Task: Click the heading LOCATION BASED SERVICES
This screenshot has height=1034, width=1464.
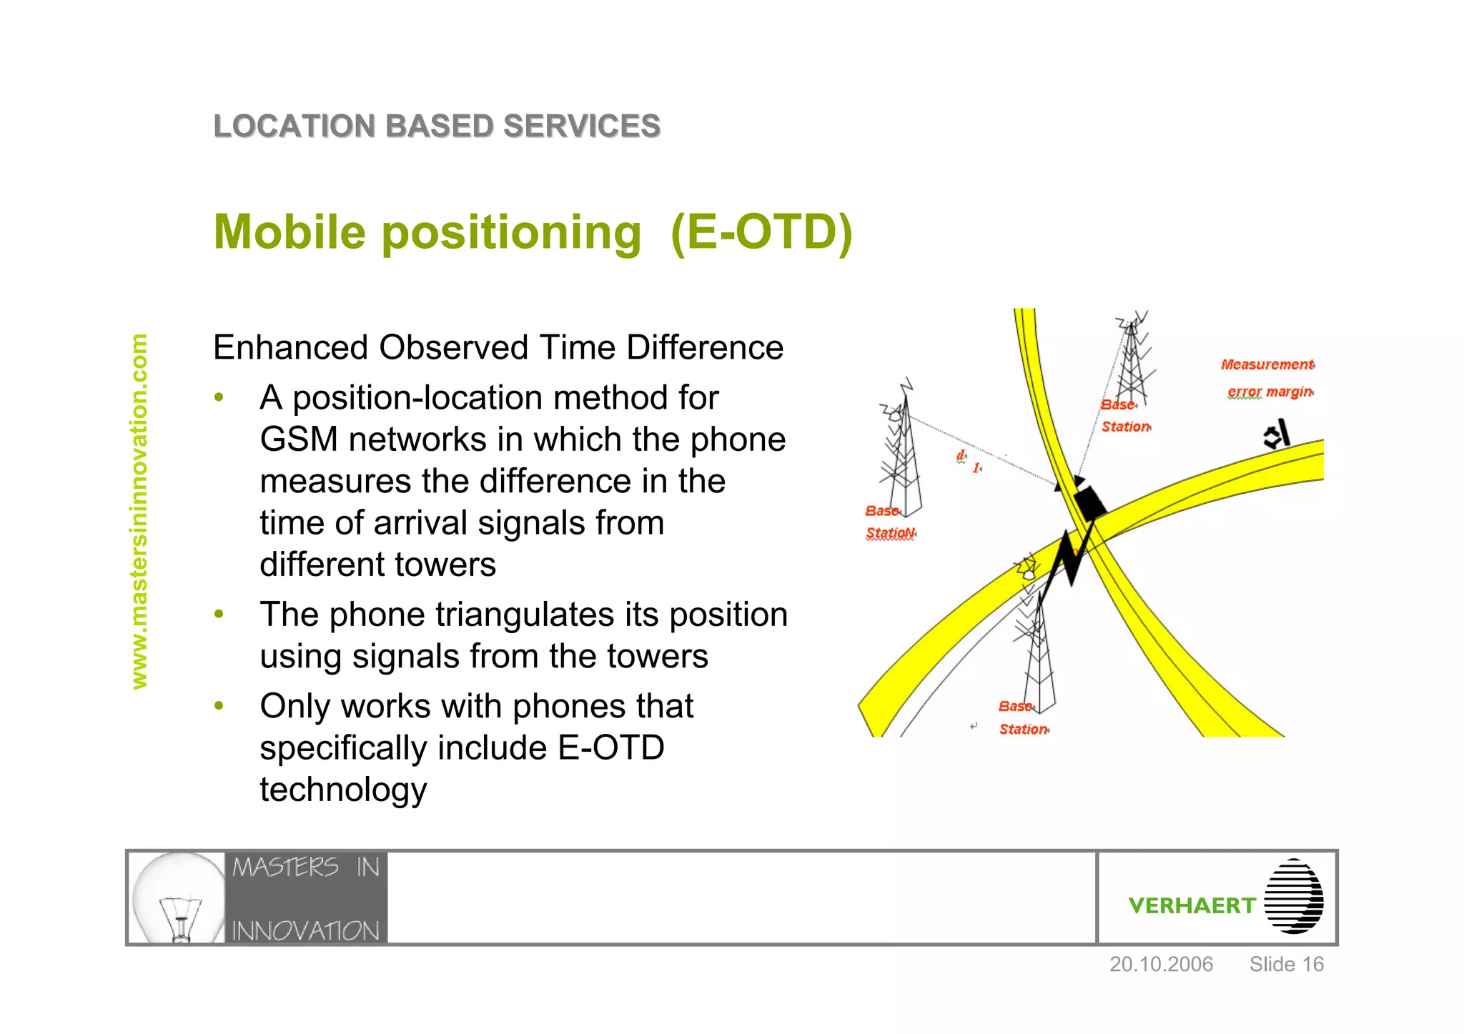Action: coord(437,126)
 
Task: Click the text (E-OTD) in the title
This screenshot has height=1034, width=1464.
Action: coord(762,232)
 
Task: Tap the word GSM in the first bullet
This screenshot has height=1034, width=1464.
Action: coord(299,439)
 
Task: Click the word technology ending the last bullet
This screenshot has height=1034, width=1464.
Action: coord(343,790)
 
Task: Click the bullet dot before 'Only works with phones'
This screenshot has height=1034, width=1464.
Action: coord(219,706)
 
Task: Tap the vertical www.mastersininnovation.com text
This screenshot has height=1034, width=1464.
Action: coord(139,512)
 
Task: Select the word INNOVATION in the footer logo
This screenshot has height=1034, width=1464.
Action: coord(305,930)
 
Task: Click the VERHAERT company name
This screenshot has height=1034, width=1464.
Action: coord(1191,905)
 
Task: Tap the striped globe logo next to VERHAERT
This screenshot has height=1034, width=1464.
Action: coord(1293,897)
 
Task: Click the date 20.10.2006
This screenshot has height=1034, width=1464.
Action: coord(1160,965)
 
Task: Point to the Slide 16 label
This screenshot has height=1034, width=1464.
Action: coord(1286,965)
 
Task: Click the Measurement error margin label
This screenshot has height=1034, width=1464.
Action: coord(1267,378)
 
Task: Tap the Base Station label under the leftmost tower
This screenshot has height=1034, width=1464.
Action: coord(889,522)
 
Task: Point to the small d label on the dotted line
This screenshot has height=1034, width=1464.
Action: coord(961,456)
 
